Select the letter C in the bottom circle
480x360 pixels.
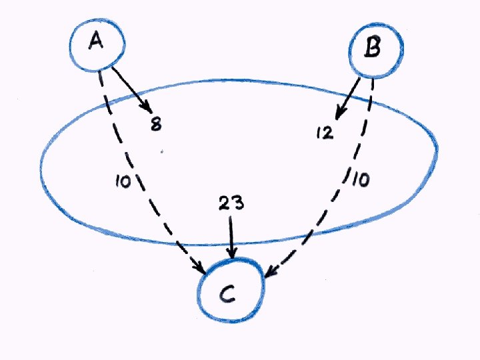pyautogui.click(x=227, y=293)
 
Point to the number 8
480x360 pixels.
pyautogui.click(x=155, y=124)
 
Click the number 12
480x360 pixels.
pyautogui.click(x=325, y=133)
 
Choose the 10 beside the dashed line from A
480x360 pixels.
pyautogui.click(x=123, y=181)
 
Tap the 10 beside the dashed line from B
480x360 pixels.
pyautogui.click(x=360, y=181)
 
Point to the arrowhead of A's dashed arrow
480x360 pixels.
pyautogui.click(x=201, y=268)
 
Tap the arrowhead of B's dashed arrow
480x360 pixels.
pyautogui.click(x=271, y=273)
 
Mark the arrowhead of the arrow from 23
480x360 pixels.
pyautogui.click(x=231, y=252)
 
